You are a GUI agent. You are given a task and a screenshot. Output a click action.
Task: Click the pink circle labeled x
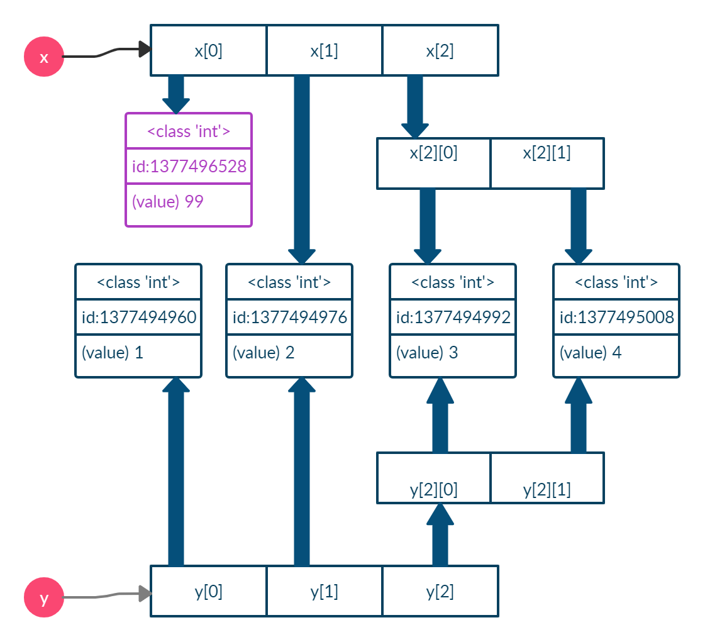(44, 57)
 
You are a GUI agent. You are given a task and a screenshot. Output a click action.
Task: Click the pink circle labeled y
(44, 598)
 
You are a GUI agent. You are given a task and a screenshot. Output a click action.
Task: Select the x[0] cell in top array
(208, 50)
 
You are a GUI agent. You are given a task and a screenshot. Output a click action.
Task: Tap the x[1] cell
(324, 50)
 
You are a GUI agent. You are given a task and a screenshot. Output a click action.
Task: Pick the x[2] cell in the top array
(440, 50)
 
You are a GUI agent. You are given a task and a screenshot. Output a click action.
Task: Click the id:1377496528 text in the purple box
(189, 167)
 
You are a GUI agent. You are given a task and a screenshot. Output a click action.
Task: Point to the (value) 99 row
(189, 202)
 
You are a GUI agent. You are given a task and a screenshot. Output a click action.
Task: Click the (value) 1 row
(138, 353)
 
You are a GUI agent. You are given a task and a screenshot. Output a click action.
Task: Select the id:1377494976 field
(289, 318)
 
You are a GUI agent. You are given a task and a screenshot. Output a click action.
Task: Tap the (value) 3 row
(453, 353)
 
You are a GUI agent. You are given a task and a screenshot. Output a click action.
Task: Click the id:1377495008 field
(616, 318)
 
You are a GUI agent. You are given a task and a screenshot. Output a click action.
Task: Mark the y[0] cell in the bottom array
(208, 591)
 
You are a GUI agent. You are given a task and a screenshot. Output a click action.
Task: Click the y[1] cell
(324, 591)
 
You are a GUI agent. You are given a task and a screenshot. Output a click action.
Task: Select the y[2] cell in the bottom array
(440, 591)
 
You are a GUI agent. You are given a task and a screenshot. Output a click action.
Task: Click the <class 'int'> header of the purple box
(189, 131)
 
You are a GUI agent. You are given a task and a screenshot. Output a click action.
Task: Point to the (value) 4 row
(616, 353)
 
